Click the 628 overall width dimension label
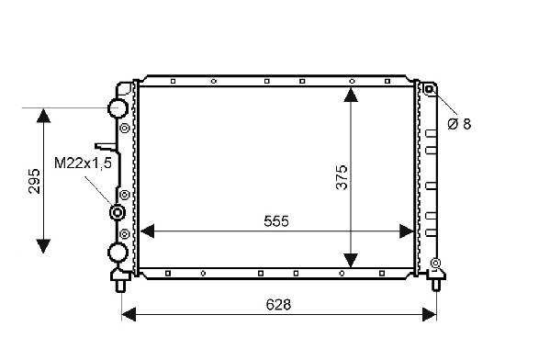click(x=278, y=305)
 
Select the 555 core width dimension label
click(x=276, y=221)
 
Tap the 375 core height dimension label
click(x=342, y=177)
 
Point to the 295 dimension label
click(x=34, y=181)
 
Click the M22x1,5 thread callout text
click(x=84, y=163)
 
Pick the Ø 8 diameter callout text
click(x=459, y=124)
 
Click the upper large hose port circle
click(x=118, y=107)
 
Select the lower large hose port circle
click(x=118, y=253)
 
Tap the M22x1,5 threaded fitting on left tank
click(x=117, y=213)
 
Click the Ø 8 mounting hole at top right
click(x=429, y=89)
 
